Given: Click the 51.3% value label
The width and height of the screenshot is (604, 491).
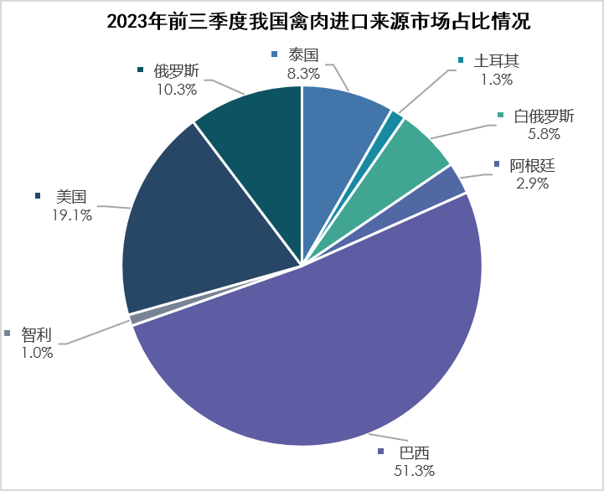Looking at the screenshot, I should [413, 471].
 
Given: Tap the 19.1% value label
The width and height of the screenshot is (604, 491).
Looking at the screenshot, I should [71, 214].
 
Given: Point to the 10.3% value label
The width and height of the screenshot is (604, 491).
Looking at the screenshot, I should [177, 86].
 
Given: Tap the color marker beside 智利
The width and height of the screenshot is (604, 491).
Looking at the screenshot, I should [8, 334].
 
